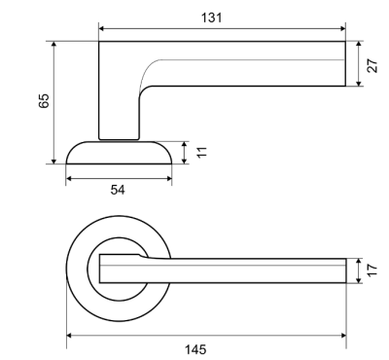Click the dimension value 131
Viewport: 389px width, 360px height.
pyautogui.click(x=212, y=18)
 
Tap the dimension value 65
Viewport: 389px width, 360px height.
pyautogui.click(x=44, y=101)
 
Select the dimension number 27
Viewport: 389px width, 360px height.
pyautogui.click(x=373, y=65)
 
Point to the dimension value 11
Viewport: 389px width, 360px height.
pyautogui.click(x=201, y=152)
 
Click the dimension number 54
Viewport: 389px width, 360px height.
pyautogui.click(x=118, y=190)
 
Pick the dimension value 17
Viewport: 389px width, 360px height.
pyautogui.click(x=372, y=270)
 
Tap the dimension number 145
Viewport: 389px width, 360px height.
pyautogui.click(x=195, y=349)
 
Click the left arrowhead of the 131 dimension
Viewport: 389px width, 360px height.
pyautogui.click(x=101, y=28)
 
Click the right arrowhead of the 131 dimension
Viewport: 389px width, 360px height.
pyautogui.click(x=342, y=28)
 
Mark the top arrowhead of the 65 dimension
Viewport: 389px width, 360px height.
pyautogui.click(x=54, y=45)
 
